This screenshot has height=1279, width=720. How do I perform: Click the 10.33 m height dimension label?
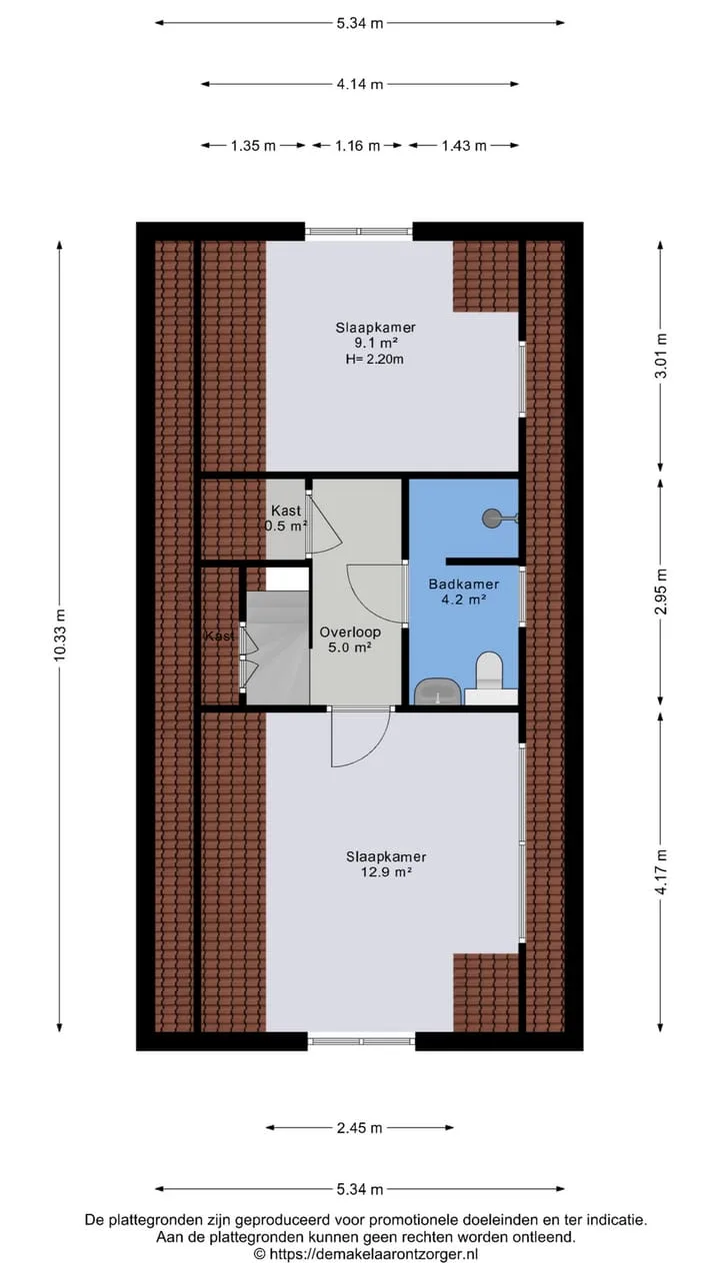tap(60, 635)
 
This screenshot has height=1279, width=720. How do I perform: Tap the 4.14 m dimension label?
tap(359, 84)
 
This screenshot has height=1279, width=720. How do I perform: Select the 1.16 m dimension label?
tap(357, 146)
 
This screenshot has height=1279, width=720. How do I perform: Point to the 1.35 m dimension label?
tap(253, 146)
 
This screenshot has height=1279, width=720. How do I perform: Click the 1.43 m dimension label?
tap(463, 146)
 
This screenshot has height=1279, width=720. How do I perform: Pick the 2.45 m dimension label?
tap(359, 1128)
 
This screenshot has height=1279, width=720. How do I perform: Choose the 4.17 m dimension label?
tap(661, 872)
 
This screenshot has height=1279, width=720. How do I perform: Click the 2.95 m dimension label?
tap(661, 591)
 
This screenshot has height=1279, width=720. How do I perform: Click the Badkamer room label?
tap(463, 585)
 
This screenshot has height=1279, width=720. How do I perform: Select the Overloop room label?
tap(350, 633)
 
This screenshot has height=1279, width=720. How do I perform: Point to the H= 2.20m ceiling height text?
tap(374, 359)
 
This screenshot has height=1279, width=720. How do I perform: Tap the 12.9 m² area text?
tap(386, 872)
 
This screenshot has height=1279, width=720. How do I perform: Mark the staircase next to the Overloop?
tap(278, 647)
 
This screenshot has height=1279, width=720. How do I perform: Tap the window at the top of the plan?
tap(358, 231)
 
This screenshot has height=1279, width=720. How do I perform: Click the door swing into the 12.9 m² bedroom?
tap(359, 737)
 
